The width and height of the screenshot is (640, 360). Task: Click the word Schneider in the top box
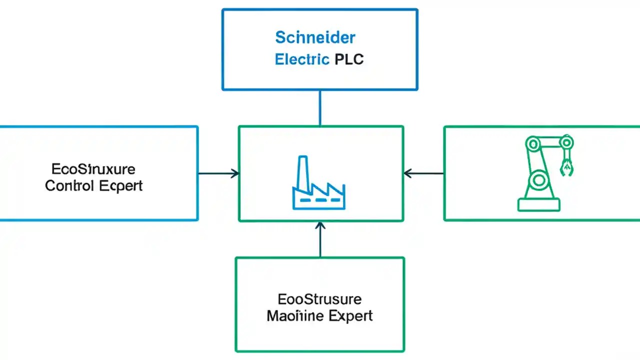[315, 37]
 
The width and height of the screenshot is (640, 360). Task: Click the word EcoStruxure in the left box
[93, 168]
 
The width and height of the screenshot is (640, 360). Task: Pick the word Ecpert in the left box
[120, 186]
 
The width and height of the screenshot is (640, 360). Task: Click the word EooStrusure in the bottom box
[319, 299]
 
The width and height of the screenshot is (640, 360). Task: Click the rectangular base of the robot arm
[539, 204]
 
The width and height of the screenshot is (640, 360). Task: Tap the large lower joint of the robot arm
[539, 179]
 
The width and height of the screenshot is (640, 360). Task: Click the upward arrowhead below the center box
[320, 226]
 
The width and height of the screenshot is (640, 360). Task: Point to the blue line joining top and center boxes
[320, 108]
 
